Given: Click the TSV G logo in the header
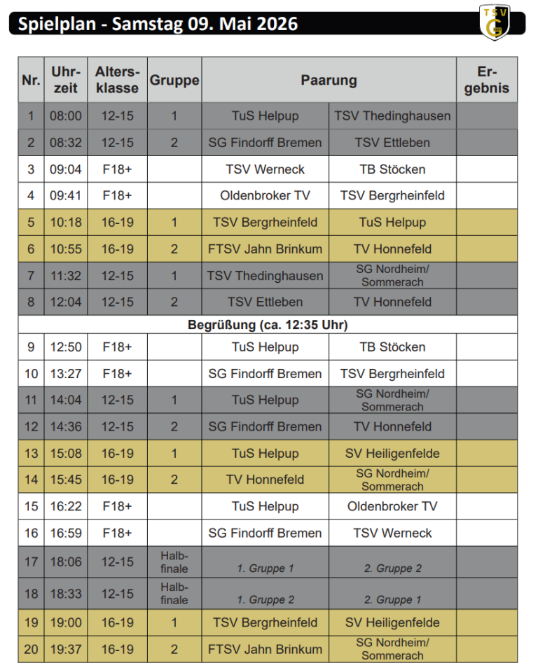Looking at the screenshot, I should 494,22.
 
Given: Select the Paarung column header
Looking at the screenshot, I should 329,80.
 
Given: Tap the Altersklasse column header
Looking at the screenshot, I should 117,80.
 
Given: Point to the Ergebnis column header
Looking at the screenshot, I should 486,80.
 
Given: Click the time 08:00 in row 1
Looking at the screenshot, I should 65,116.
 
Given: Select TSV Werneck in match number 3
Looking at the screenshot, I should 265,169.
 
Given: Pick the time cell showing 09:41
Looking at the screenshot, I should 65,196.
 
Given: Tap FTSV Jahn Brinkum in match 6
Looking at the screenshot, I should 265,249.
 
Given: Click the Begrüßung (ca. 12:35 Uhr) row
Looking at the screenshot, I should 268,325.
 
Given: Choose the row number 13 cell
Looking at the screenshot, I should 31,454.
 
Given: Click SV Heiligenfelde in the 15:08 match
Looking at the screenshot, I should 392,454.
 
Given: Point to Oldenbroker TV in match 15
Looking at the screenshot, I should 392,507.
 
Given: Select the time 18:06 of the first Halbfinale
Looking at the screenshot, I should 65,561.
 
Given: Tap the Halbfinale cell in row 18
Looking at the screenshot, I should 174,594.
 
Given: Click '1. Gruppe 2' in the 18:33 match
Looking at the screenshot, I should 265,600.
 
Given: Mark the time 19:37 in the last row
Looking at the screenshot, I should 65,650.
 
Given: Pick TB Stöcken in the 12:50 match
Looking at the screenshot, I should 392,347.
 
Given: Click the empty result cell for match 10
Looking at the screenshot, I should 486,374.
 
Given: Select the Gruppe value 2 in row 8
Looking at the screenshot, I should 174,302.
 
